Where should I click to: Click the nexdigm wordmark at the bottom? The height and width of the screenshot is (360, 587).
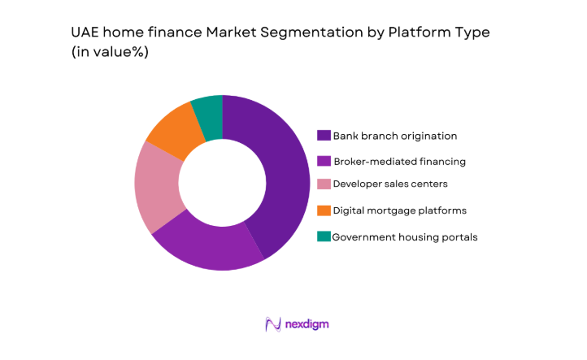[307, 324]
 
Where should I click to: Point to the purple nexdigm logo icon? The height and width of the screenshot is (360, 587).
[272, 324]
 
